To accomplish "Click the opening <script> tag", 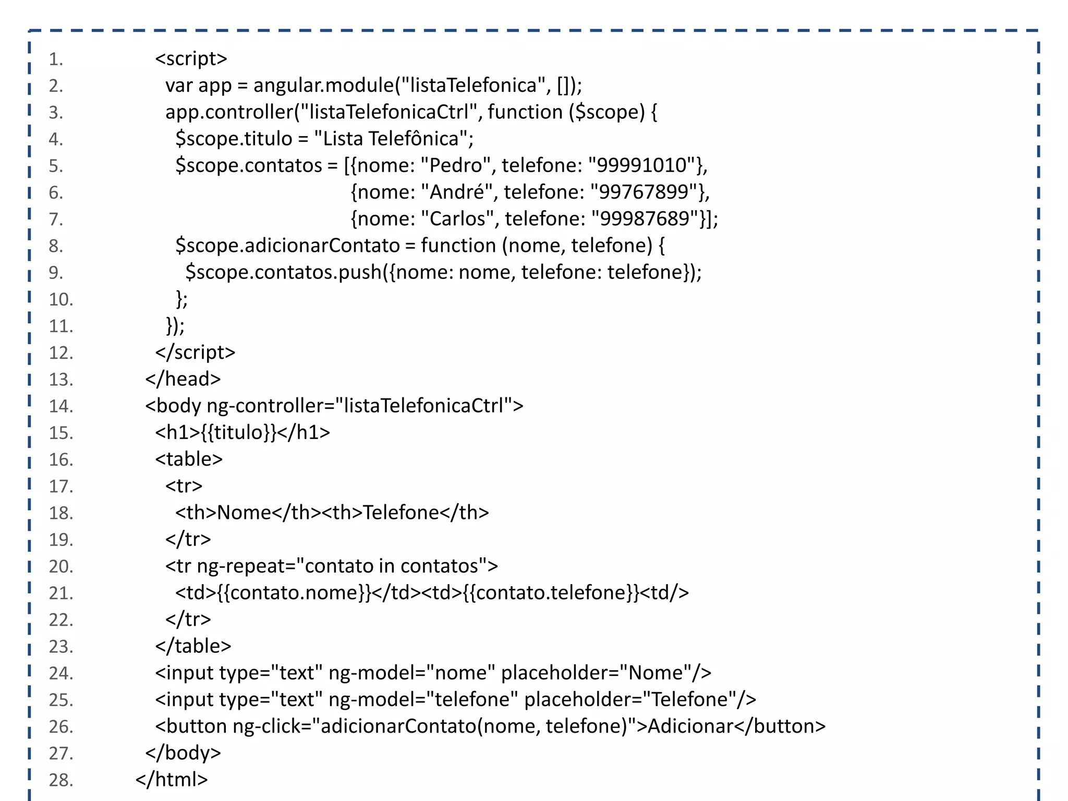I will [191, 58].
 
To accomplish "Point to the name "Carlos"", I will [457, 219].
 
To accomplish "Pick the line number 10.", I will [60, 299].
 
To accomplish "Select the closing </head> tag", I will [183, 379].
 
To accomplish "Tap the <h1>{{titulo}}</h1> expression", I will [242, 432].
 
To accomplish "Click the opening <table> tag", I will [189, 459].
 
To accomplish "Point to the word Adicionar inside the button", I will [690, 726].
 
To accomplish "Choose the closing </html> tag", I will [172, 780].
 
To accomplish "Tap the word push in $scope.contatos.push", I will [360, 272].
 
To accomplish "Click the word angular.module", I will [323, 85].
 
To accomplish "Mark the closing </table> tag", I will [193, 646].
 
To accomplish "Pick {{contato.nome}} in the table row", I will [294, 593].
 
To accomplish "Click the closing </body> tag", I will [183, 753].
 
